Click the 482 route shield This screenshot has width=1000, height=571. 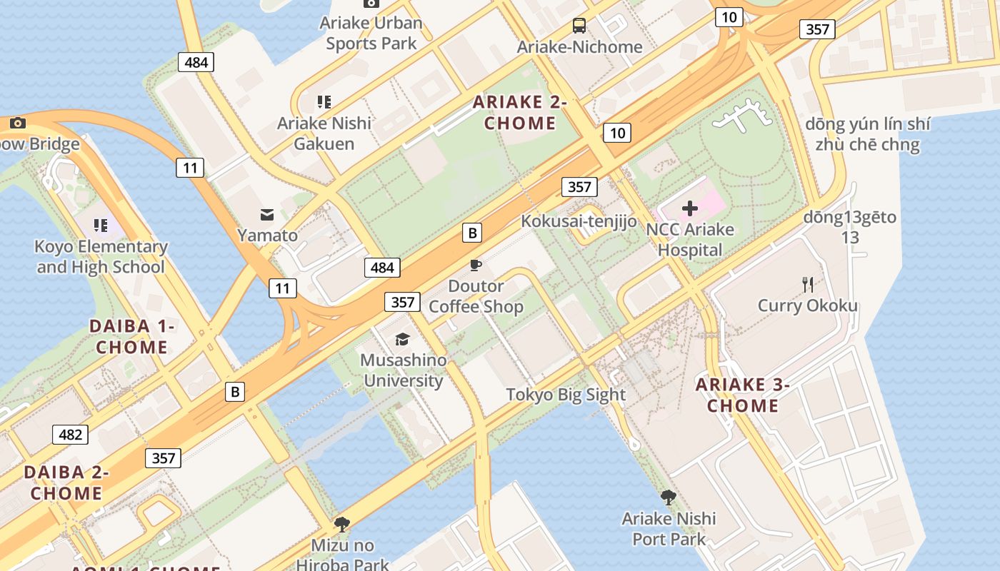tap(70, 435)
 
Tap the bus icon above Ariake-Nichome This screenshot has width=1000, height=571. tap(579, 26)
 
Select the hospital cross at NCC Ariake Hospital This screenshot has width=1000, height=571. tap(690, 208)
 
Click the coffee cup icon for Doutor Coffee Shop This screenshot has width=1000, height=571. tap(476, 266)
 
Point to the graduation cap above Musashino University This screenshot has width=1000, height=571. tap(403, 339)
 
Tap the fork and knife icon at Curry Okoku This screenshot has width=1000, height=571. tap(808, 285)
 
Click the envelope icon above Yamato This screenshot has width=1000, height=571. tap(267, 214)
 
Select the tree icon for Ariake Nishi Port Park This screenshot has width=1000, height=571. tap(669, 497)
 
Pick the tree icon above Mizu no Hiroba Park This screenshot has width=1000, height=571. tap(342, 525)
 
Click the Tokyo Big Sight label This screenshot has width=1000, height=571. tap(566, 395)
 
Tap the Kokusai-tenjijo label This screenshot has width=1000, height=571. tap(579, 221)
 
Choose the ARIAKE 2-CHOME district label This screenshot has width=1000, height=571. tap(520, 113)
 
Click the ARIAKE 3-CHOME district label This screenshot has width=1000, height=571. tap(743, 395)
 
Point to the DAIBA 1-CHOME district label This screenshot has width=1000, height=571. tap(132, 337)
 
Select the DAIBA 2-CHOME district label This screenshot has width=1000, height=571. tap(66, 482)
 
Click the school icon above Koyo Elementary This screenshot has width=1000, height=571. tap(101, 226)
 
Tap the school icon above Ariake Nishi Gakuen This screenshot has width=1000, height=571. tap(324, 102)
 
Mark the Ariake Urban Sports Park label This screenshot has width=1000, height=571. tap(371, 33)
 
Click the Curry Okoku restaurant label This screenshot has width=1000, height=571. tap(808, 305)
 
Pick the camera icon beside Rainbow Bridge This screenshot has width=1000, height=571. tap(18, 123)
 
